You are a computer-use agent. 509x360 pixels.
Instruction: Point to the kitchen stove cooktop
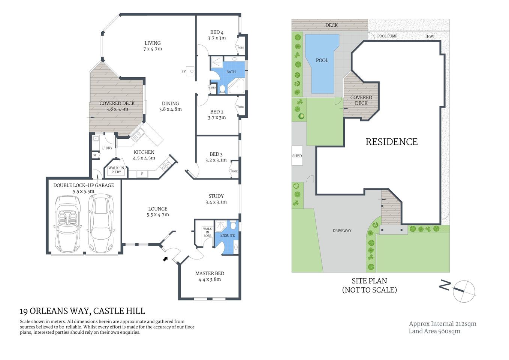(x=165, y=165)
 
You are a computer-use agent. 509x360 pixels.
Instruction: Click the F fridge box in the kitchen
(x=142, y=174)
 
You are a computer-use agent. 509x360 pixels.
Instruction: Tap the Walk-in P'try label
(x=116, y=170)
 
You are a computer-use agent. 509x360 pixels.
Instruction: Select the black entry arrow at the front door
(x=165, y=258)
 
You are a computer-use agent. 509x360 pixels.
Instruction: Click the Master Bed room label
(x=210, y=273)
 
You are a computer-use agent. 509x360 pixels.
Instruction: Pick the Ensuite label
(x=228, y=235)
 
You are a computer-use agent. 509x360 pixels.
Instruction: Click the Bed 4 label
(x=217, y=33)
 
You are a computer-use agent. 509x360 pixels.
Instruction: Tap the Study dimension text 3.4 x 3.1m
(x=216, y=202)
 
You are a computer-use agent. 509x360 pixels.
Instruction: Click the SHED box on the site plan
(x=297, y=156)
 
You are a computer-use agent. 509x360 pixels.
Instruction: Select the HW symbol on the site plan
(x=430, y=36)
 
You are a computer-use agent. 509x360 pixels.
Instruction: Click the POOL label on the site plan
(x=322, y=60)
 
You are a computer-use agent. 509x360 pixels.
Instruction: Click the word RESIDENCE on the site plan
(x=391, y=142)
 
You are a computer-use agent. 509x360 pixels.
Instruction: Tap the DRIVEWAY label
(x=342, y=231)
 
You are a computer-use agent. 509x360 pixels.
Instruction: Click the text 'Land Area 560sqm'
(x=434, y=331)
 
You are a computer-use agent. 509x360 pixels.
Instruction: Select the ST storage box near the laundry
(x=95, y=155)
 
